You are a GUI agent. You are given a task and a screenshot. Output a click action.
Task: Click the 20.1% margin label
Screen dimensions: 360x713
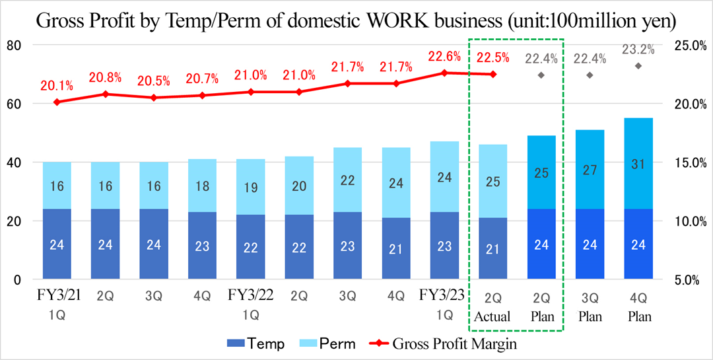(57, 85)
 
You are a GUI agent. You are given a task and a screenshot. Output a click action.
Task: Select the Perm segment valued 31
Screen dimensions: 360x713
(638, 163)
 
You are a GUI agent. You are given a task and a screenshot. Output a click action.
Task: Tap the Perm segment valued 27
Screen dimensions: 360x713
(590, 169)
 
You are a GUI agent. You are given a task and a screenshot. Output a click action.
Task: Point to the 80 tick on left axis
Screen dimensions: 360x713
(14, 45)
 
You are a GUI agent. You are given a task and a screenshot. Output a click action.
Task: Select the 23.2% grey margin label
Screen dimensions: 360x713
(638, 49)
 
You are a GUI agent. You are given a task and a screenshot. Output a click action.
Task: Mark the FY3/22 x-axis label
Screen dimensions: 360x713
(251, 295)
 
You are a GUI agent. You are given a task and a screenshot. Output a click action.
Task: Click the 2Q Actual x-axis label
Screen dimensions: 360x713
(492, 306)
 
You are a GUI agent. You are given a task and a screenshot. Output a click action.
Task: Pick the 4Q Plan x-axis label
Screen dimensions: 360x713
(638, 306)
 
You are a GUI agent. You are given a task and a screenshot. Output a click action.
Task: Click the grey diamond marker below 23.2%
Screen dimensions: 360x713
(638, 65)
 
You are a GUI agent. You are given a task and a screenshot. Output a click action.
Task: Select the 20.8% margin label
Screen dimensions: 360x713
(106, 77)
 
